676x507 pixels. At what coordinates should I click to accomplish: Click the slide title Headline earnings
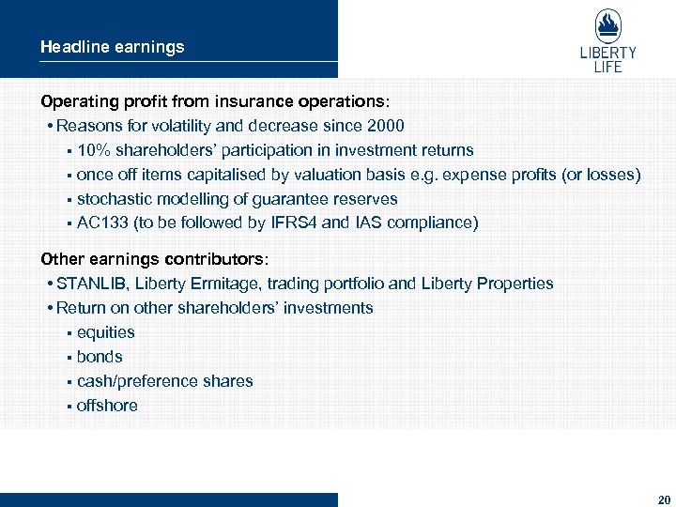(x=112, y=46)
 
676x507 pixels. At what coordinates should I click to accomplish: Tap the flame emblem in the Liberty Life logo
(x=607, y=26)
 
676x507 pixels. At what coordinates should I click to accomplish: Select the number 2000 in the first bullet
(x=386, y=126)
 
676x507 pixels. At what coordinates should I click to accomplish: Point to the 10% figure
(x=94, y=150)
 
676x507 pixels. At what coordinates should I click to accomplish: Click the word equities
(x=105, y=332)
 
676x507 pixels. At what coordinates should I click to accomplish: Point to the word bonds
(x=100, y=357)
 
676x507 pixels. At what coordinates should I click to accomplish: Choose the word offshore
(x=107, y=406)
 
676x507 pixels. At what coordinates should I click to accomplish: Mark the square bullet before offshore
(x=69, y=407)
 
